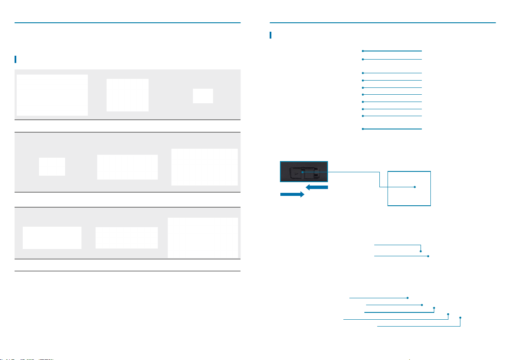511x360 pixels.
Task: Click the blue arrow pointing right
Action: coord(292,194)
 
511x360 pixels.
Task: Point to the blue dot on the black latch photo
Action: coord(302,173)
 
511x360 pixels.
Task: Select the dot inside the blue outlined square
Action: coord(415,187)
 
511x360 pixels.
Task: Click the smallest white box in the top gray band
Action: coord(203,96)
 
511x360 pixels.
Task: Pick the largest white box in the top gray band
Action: coord(52,95)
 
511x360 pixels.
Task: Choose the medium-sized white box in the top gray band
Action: coord(127,95)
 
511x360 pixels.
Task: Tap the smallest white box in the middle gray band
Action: coord(52,166)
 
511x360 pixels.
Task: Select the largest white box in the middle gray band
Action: coord(204,167)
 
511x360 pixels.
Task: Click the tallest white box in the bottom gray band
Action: coord(203,237)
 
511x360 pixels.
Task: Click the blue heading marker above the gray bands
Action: coord(15,59)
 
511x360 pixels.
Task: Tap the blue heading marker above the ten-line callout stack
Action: coord(271,35)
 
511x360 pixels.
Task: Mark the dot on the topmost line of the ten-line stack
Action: coord(363,51)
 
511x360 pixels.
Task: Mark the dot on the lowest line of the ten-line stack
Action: coord(363,129)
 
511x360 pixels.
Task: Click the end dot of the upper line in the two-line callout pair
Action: coord(421,251)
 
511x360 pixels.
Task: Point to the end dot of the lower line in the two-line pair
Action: coord(429,256)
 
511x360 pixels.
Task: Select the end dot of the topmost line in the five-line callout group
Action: coord(408,297)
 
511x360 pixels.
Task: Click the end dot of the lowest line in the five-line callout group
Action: coord(460,318)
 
